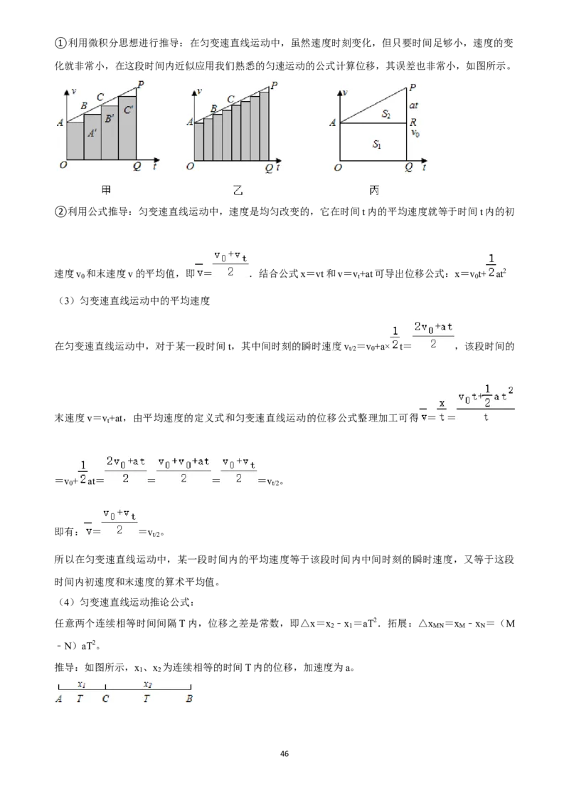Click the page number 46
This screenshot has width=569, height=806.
point(284,753)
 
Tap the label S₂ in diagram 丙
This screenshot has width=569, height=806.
point(386,114)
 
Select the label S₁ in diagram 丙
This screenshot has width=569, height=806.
point(377,145)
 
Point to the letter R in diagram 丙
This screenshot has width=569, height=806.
point(413,122)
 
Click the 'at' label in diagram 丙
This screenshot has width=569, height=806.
point(413,105)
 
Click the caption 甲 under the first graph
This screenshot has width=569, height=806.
point(106,190)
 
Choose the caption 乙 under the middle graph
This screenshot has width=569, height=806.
point(238,190)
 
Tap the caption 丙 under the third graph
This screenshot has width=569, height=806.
point(374,190)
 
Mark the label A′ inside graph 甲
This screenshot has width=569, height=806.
point(92,133)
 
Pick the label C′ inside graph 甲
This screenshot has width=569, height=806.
point(129,110)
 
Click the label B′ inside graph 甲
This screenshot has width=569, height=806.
point(110,119)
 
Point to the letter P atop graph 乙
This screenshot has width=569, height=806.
point(275,85)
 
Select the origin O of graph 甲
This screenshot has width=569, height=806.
point(63,165)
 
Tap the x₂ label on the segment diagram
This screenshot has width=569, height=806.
point(148,684)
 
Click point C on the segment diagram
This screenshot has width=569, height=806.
point(105,698)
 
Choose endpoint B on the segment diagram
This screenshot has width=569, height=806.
point(189,698)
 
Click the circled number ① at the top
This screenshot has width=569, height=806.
point(60,43)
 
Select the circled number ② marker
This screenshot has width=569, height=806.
point(60,211)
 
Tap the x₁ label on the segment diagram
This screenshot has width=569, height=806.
point(82,684)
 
